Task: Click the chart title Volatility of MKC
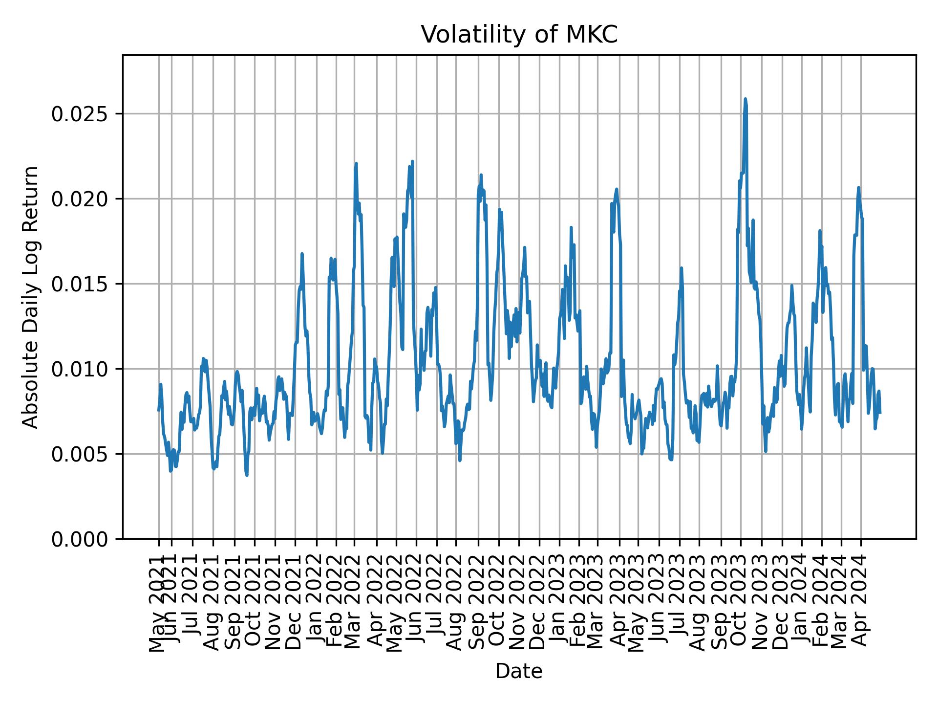point(519,35)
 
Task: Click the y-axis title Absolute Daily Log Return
point(31,297)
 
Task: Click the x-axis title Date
point(519,671)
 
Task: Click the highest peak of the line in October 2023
point(745,99)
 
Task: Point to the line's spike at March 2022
point(356,164)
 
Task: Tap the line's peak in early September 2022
point(481,175)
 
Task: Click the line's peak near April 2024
point(858,188)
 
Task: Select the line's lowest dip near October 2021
point(247,475)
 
